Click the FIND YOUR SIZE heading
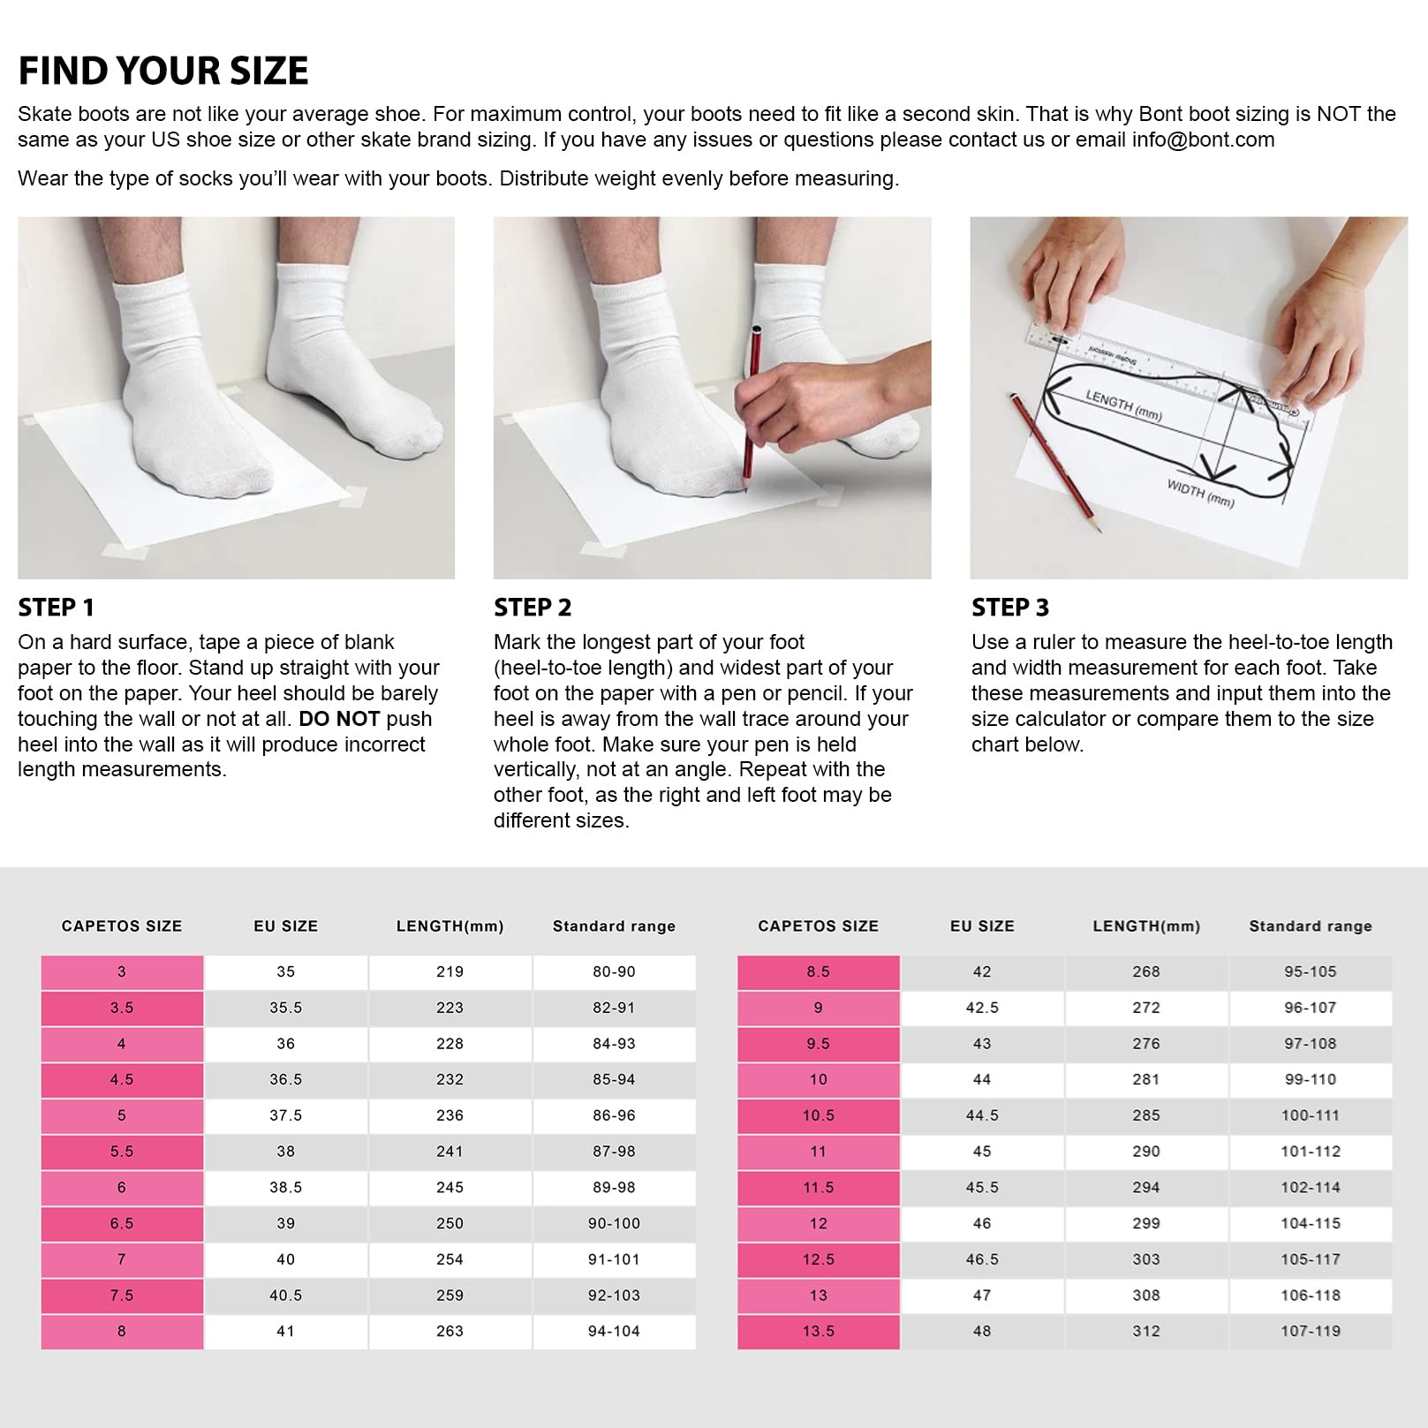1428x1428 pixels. coord(163,72)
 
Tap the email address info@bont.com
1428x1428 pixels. coord(1203,140)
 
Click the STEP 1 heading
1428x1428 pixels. coord(56,608)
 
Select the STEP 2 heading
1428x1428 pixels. coord(533,608)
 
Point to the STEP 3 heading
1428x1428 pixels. coord(1010,608)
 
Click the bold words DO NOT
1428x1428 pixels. coord(339,719)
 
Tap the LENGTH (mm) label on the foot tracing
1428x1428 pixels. coord(1123,405)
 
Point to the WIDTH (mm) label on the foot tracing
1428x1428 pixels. coord(1200,493)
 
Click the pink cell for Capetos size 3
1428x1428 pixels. coord(122,971)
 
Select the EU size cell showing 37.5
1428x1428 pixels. coord(286,1115)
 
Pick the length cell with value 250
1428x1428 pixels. coord(450,1224)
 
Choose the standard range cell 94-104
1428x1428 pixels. coord(614,1332)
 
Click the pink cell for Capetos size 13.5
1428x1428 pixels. coord(819,1332)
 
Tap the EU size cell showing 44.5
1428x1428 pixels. coord(982,1115)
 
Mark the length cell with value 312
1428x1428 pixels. coord(1146,1332)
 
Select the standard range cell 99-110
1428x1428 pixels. coord(1311,1079)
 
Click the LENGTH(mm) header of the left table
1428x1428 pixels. coord(450,926)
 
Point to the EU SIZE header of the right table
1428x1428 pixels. coord(982,926)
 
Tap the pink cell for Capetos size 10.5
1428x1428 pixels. coord(819,1115)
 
